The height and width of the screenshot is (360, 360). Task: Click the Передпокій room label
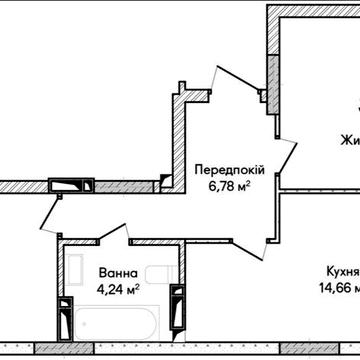222,171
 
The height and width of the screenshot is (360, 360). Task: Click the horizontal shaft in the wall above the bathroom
71,183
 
